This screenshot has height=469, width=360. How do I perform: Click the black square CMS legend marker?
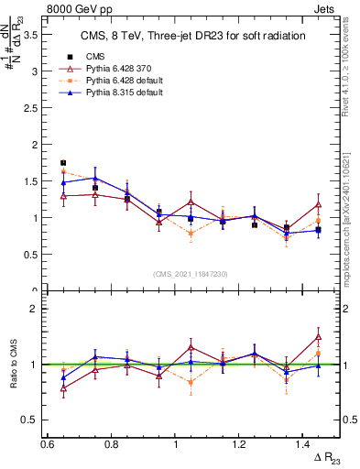[x=71, y=57]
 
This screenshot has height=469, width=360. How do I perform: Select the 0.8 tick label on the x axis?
[x=111, y=444]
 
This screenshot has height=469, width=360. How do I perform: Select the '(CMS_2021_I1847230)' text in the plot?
[x=191, y=274]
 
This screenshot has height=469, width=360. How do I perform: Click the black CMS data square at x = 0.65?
[x=63, y=162]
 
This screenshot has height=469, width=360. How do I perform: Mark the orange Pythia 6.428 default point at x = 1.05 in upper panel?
[x=191, y=234]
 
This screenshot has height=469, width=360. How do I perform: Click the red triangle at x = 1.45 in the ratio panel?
[x=318, y=337]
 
